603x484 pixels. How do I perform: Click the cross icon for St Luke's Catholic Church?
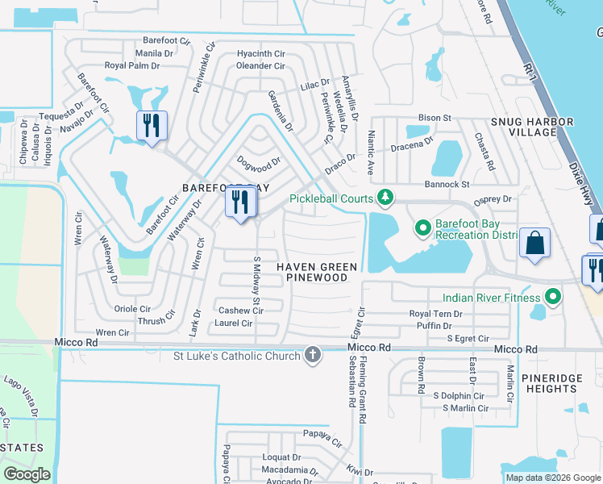[x=313, y=355]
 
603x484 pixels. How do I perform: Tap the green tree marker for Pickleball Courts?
[x=386, y=198]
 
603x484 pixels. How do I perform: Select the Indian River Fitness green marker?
[x=552, y=298]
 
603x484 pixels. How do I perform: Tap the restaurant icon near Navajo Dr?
[x=152, y=126]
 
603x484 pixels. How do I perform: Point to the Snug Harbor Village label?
[x=532, y=127]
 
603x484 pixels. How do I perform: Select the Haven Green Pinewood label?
[x=318, y=272]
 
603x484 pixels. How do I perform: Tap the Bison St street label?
[x=435, y=118]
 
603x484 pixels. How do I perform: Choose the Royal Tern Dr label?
[x=435, y=314]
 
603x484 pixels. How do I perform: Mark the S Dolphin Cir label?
[x=458, y=395]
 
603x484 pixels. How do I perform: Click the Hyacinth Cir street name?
[x=260, y=54]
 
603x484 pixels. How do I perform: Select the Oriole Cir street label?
[x=133, y=308]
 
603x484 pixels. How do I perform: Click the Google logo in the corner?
[x=27, y=474]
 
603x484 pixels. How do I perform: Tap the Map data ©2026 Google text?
[x=552, y=478]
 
